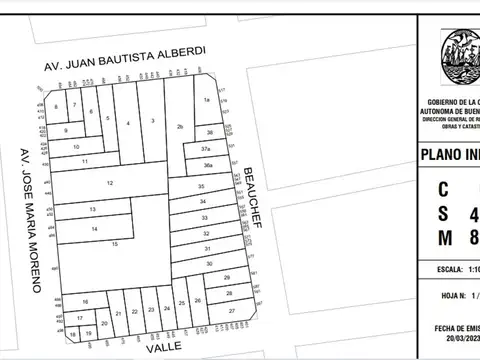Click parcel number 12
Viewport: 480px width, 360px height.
tap(110, 183)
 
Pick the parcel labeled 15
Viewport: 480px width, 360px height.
tap(116, 244)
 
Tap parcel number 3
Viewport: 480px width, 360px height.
tap(152, 121)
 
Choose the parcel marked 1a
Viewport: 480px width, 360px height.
tap(206, 100)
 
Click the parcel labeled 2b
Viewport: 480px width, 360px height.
tap(180, 126)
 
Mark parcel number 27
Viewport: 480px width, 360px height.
tap(230, 311)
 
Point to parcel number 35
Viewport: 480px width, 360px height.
tap(201, 187)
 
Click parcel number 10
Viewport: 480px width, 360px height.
tap(77, 147)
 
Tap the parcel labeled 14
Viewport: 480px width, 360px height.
tap(94, 230)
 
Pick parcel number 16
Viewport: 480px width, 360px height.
tap(85, 300)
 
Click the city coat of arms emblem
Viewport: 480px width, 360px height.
tap(461, 57)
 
